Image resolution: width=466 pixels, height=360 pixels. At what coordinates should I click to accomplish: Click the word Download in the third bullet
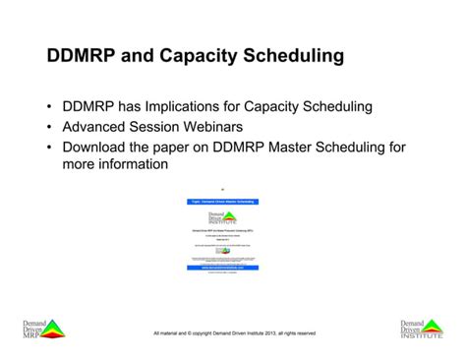[x=98, y=148]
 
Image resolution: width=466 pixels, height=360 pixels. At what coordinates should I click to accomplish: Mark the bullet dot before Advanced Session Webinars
[x=49, y=127]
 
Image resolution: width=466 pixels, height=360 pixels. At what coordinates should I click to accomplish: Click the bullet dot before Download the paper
[x=49, y=148]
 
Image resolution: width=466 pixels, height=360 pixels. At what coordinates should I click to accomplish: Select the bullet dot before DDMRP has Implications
[x=49, y=106]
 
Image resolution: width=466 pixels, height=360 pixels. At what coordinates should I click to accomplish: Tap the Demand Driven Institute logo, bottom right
[x=422, y=329]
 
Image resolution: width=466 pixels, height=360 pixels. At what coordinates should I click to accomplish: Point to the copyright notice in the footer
[x=234, y=333]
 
